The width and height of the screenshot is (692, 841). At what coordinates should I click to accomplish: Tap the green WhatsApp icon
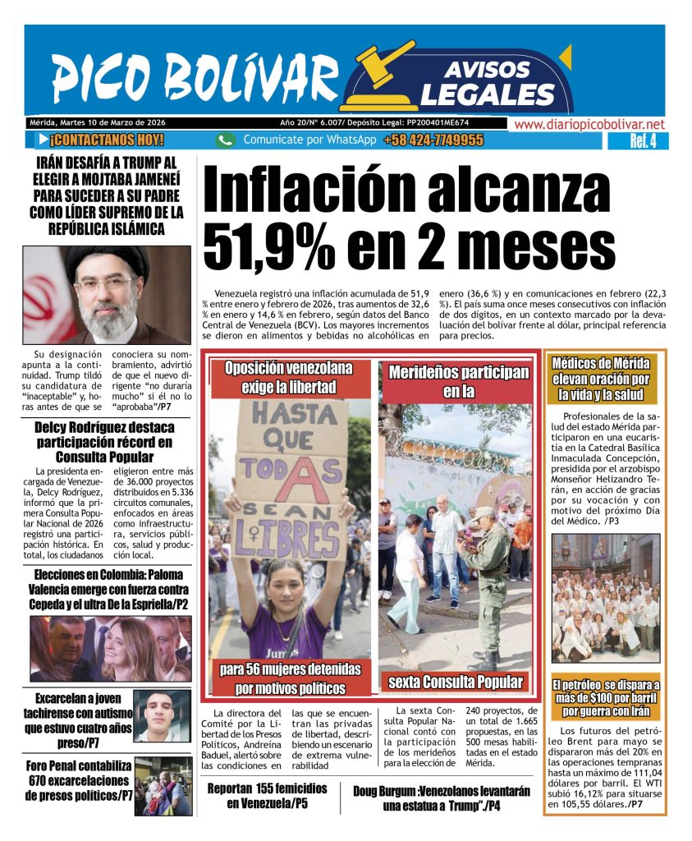point(226,140)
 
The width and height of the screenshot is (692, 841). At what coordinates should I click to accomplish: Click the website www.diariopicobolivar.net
point(589,124)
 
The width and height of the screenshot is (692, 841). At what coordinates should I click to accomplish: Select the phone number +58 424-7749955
point(433,140)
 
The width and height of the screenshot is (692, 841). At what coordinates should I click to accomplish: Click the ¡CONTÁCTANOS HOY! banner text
point(106,140)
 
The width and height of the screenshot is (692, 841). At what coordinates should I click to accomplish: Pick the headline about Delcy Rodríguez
point(104,442)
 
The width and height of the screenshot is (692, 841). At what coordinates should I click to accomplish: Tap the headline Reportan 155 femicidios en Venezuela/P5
point(267,796)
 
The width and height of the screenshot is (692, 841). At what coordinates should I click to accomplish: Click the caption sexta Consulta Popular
point(455,681)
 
